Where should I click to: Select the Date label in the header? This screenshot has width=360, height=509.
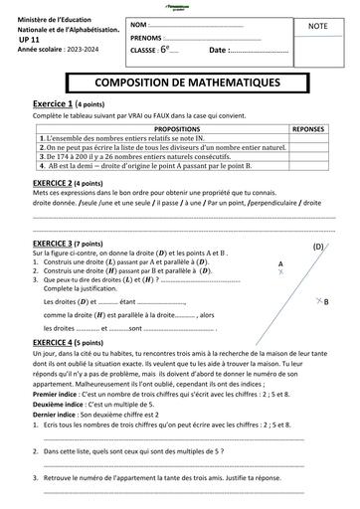click(x=218, y=50)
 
